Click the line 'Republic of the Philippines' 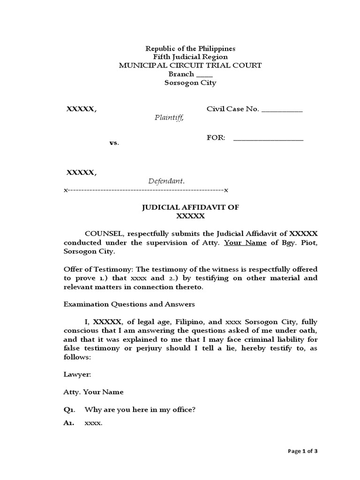tap(190, 48)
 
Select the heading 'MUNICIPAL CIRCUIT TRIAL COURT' tap(190, 66)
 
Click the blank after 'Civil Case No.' tap(281, 111)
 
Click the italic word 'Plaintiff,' tap(170, 118)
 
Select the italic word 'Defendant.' tap(166, 181)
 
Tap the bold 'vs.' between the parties tap(114, 142)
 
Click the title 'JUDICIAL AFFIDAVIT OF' tap(190, 208)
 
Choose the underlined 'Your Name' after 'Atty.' tap(241, 243)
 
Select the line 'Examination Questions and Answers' tap(129, 304)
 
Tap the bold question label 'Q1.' tap(69, 410)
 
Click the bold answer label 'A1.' tap(69, 423)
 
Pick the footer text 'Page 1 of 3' tap(303, 451)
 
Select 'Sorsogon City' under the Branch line tap(190, 83)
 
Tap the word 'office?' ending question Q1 tap(183, 410)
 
